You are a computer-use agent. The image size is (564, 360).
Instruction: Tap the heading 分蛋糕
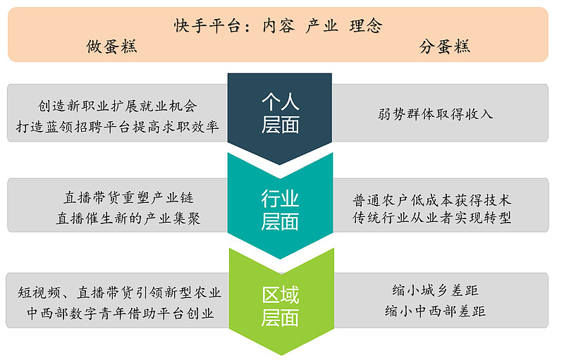coord(444,47)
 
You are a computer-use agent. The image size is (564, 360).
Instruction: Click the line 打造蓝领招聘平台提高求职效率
coord(118,127)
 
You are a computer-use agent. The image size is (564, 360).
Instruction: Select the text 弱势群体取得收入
coord(436,113)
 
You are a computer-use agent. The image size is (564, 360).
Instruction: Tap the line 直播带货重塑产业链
coord(128,199)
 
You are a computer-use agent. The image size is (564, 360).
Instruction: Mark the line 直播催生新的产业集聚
coord(128,219)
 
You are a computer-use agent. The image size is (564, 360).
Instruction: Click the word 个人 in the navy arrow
coord(280,103)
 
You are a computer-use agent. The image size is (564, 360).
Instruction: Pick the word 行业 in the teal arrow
coord(280,199)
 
